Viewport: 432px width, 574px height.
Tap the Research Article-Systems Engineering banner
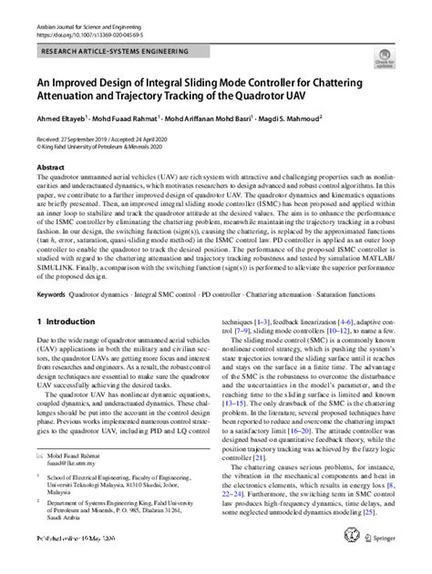pos(108,55)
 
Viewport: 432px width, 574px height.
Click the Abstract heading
pos(49,169)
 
